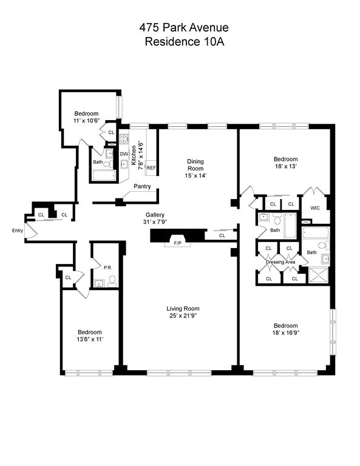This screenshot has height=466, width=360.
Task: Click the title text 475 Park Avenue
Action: [184, 28]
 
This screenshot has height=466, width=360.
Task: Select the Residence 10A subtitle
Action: [185, 42]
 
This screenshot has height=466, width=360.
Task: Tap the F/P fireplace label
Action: [177, 243]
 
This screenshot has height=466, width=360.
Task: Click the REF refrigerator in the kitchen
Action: [151, 168]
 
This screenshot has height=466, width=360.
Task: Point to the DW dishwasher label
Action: [124, 154]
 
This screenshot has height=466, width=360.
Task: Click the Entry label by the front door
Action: [18, 231]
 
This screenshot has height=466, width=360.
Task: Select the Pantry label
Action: [142, 186]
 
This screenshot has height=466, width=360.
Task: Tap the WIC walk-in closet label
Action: [315, 208]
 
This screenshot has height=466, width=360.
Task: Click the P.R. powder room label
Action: [108, 268]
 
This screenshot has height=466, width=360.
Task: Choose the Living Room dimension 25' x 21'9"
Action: [183, 316]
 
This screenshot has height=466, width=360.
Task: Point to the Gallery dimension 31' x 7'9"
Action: [155, 221]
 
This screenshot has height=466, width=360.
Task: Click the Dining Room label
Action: [195, 164]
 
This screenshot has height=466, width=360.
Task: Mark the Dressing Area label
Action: [280, 262]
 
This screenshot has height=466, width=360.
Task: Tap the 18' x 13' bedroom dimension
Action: [286, 166]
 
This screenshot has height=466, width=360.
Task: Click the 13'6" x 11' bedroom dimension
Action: [90, 339]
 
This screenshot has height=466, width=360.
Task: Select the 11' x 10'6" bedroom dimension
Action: [86, 121]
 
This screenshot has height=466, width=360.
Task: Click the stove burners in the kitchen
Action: [124, 138]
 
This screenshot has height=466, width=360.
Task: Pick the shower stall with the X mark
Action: [319, 275]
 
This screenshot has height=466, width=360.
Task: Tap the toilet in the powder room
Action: [112, 281]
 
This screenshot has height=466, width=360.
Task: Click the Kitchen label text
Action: [134, 155]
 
